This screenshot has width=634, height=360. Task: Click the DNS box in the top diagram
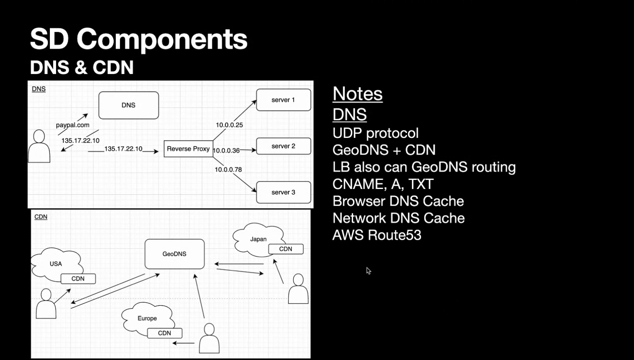click(128, 105)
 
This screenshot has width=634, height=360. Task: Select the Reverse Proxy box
click(188, 149)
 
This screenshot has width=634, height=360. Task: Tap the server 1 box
click(283, 100)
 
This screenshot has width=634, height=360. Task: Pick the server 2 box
click(283, 146)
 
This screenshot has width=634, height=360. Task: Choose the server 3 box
click(283, 192)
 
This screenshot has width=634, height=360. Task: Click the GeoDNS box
click(174, 254)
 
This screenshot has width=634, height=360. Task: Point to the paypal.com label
click(72, 125)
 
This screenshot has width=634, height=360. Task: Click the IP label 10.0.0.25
click(229, 125)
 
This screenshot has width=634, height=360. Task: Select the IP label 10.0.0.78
click(228, 169)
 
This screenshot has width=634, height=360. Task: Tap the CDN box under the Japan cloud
click(286, 249)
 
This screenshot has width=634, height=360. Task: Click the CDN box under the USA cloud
click(78, 279)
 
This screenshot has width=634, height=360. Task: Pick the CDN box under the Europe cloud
click(164, 333)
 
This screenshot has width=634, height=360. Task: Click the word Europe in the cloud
click(147, 318)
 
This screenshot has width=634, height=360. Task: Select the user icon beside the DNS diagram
click(39, 146)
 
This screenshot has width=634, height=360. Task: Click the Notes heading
click(357, 94)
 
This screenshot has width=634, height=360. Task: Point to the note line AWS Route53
click(377, 235)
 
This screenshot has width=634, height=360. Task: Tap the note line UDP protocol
click(375, 133)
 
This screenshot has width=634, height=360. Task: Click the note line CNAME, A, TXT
click(383, 184)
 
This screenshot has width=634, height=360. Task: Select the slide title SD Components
click(139, 39)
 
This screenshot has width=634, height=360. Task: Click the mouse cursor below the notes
click(368, 270)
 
